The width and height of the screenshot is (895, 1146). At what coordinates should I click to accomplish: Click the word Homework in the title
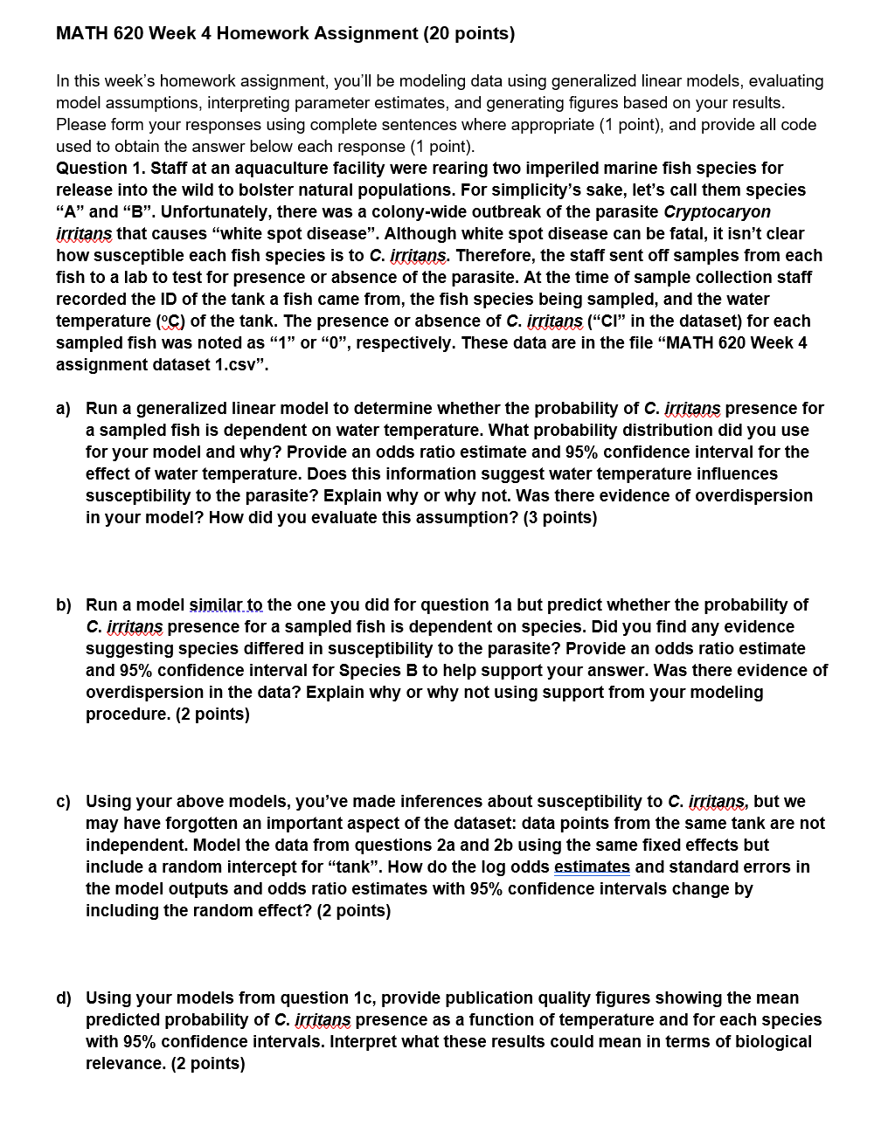pyautogui.click(x=260, y=34)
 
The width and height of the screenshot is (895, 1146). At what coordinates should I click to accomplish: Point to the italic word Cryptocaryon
pyautogui.click(x=718, y=211)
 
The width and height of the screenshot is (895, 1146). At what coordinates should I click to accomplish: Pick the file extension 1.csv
pyautogui.click(x=241, y=364)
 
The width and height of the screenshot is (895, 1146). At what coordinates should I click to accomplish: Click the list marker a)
pyautogui.click(x=64, y=408)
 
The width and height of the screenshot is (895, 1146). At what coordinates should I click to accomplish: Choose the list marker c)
pyautogui.click(x=64, y=801)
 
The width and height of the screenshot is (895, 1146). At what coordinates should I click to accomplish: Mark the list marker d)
pyautogui.click(x=64, y=998)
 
